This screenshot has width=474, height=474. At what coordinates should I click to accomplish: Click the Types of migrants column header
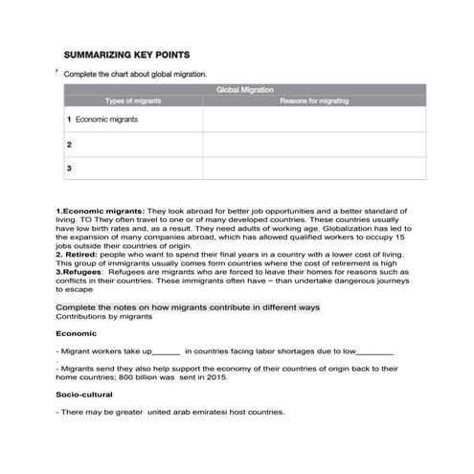click(133, 101)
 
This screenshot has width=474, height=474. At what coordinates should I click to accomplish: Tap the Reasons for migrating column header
click(314, 101)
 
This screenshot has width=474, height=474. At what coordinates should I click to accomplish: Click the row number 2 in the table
click(70, 145)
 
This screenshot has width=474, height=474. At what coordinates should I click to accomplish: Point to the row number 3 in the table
click(70, 169)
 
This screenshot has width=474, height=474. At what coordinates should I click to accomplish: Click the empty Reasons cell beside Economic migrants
click(314, 120)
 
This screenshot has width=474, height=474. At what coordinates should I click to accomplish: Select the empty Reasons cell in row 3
click(314, 169)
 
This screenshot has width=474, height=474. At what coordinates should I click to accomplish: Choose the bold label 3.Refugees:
click(89, 272)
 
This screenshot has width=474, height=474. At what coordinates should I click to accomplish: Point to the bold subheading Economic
click(77, 334)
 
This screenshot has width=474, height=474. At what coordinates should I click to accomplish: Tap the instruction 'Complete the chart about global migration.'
click(135, 74)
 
